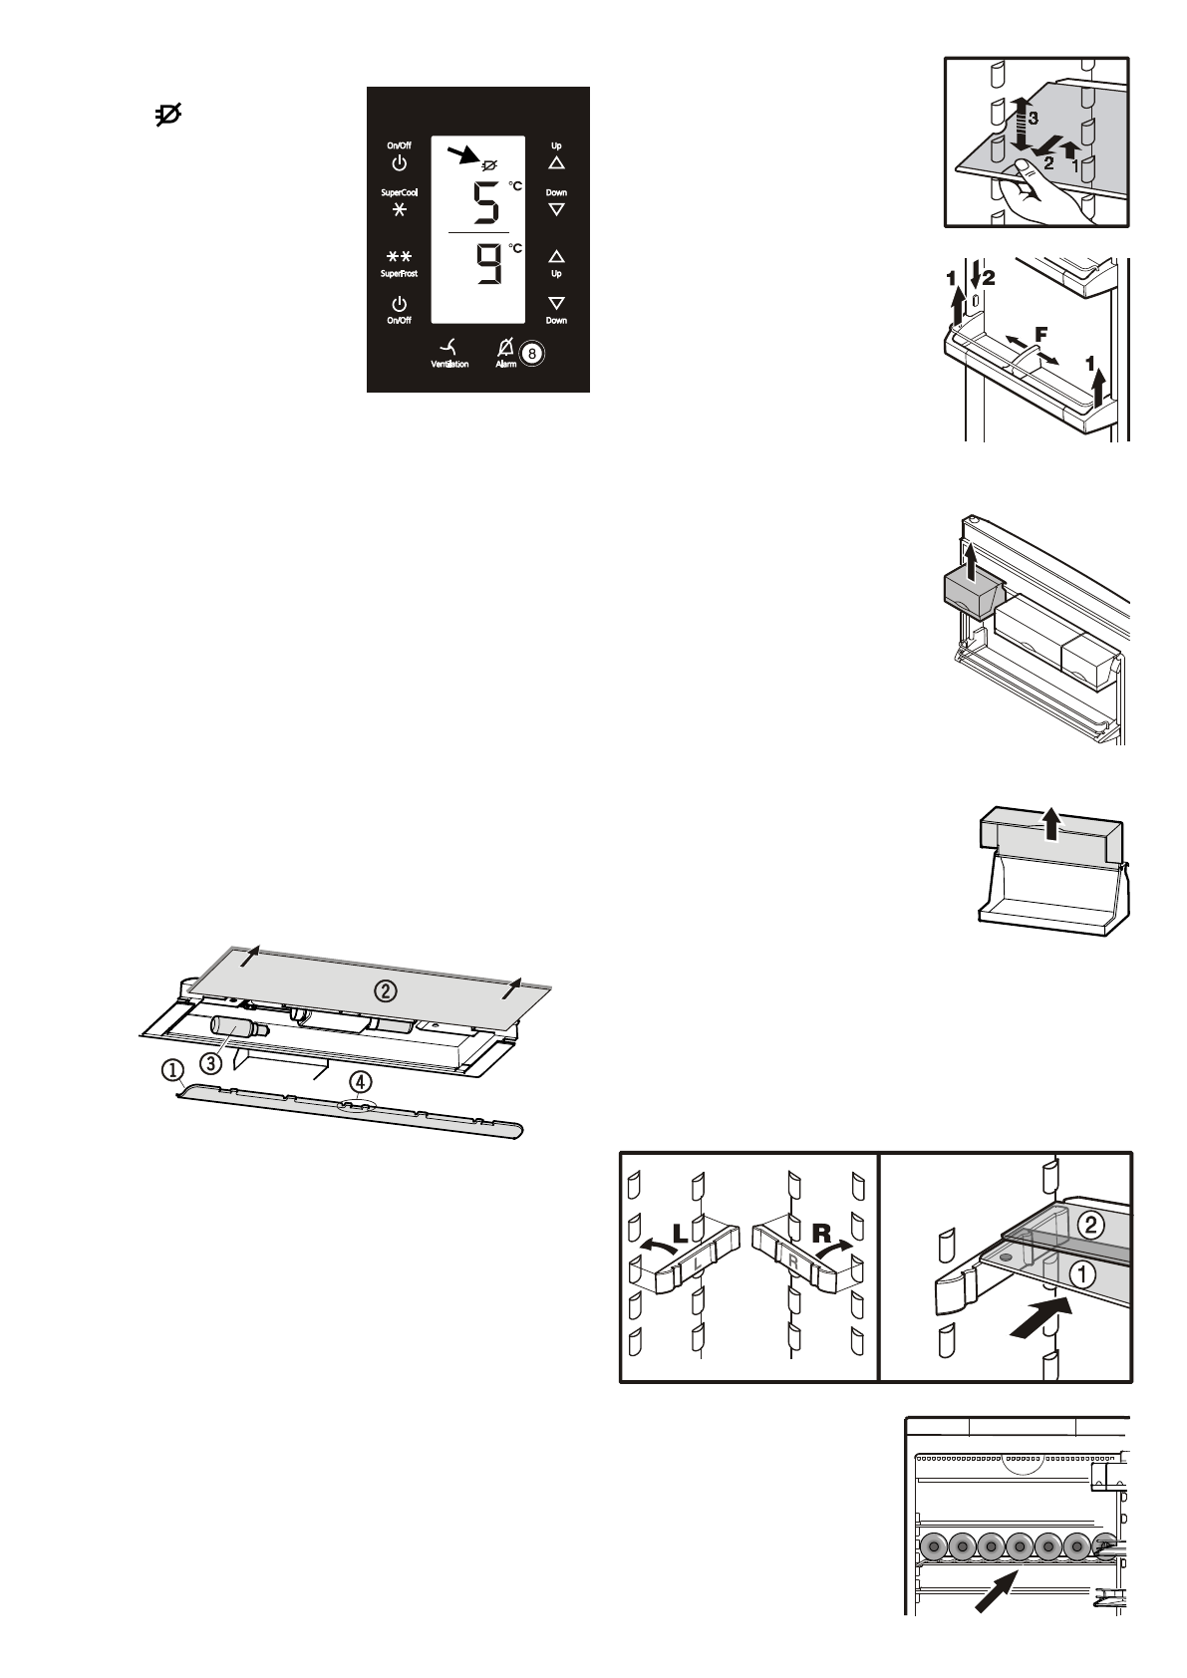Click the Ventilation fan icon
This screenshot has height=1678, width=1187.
coord(449,347)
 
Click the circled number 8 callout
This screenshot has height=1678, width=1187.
coord(533,352)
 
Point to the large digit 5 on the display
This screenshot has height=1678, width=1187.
coord(484,205)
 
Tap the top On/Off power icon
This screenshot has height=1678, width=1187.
coord(398,162)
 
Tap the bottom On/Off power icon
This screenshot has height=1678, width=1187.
coord(398,303)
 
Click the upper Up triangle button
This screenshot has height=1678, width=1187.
coord(556,162)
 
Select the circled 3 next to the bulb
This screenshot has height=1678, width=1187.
coord(210,1062)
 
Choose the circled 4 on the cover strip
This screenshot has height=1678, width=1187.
coord(360,1081)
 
